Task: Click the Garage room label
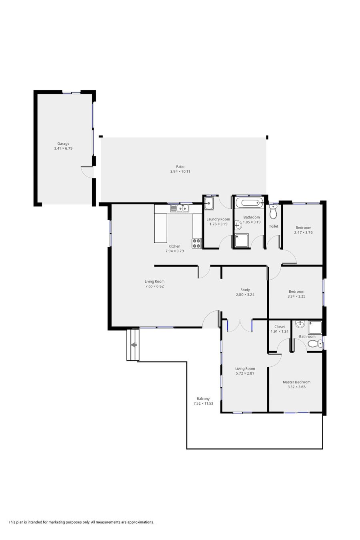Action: [x=63, y=144]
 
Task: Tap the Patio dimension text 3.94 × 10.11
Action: [x=180, y=172]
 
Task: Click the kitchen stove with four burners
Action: [x=196, y=243]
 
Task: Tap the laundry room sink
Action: [x=208, y=203]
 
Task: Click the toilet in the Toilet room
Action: [x=273, y=212]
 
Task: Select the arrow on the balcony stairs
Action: [x=134, y=345]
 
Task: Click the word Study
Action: [x=245, y=290]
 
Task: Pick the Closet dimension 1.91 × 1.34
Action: [x=280, y=332]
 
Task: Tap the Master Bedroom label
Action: [x=296, y=382]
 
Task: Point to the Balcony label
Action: [x=203, y=399]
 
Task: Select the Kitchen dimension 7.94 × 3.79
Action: [x=174, y=251]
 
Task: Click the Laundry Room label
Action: [x=218, y=219]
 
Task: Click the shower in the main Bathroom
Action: [x=241, y=240]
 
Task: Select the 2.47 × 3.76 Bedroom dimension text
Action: [x=303, y=232]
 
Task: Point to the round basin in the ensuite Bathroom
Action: [x=300, y=324]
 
